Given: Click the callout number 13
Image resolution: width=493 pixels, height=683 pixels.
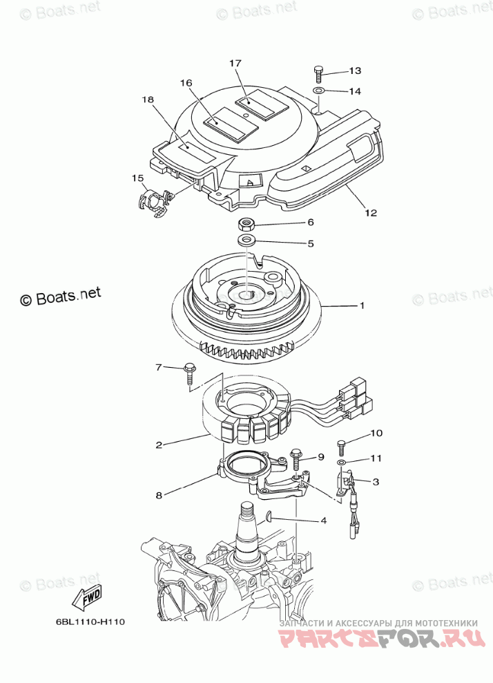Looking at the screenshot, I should [355, 71].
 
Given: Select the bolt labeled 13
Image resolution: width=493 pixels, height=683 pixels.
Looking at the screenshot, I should [318, 71].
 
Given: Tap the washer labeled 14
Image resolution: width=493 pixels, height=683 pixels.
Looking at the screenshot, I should [319, 91].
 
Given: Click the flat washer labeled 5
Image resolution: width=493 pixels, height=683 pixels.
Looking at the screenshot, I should [246, 241].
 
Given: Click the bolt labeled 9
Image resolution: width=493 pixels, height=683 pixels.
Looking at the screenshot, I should [296, 458].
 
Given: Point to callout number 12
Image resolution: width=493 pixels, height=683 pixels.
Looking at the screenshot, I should [371, 213].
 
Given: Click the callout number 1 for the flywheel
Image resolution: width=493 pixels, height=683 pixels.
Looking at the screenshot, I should [361, 305].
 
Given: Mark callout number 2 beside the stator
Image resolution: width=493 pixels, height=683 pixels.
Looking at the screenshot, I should [159, 445].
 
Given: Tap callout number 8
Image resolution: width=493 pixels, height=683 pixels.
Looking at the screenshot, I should [158, 495].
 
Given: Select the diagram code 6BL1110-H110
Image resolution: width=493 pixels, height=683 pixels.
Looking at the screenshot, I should [90, 621].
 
